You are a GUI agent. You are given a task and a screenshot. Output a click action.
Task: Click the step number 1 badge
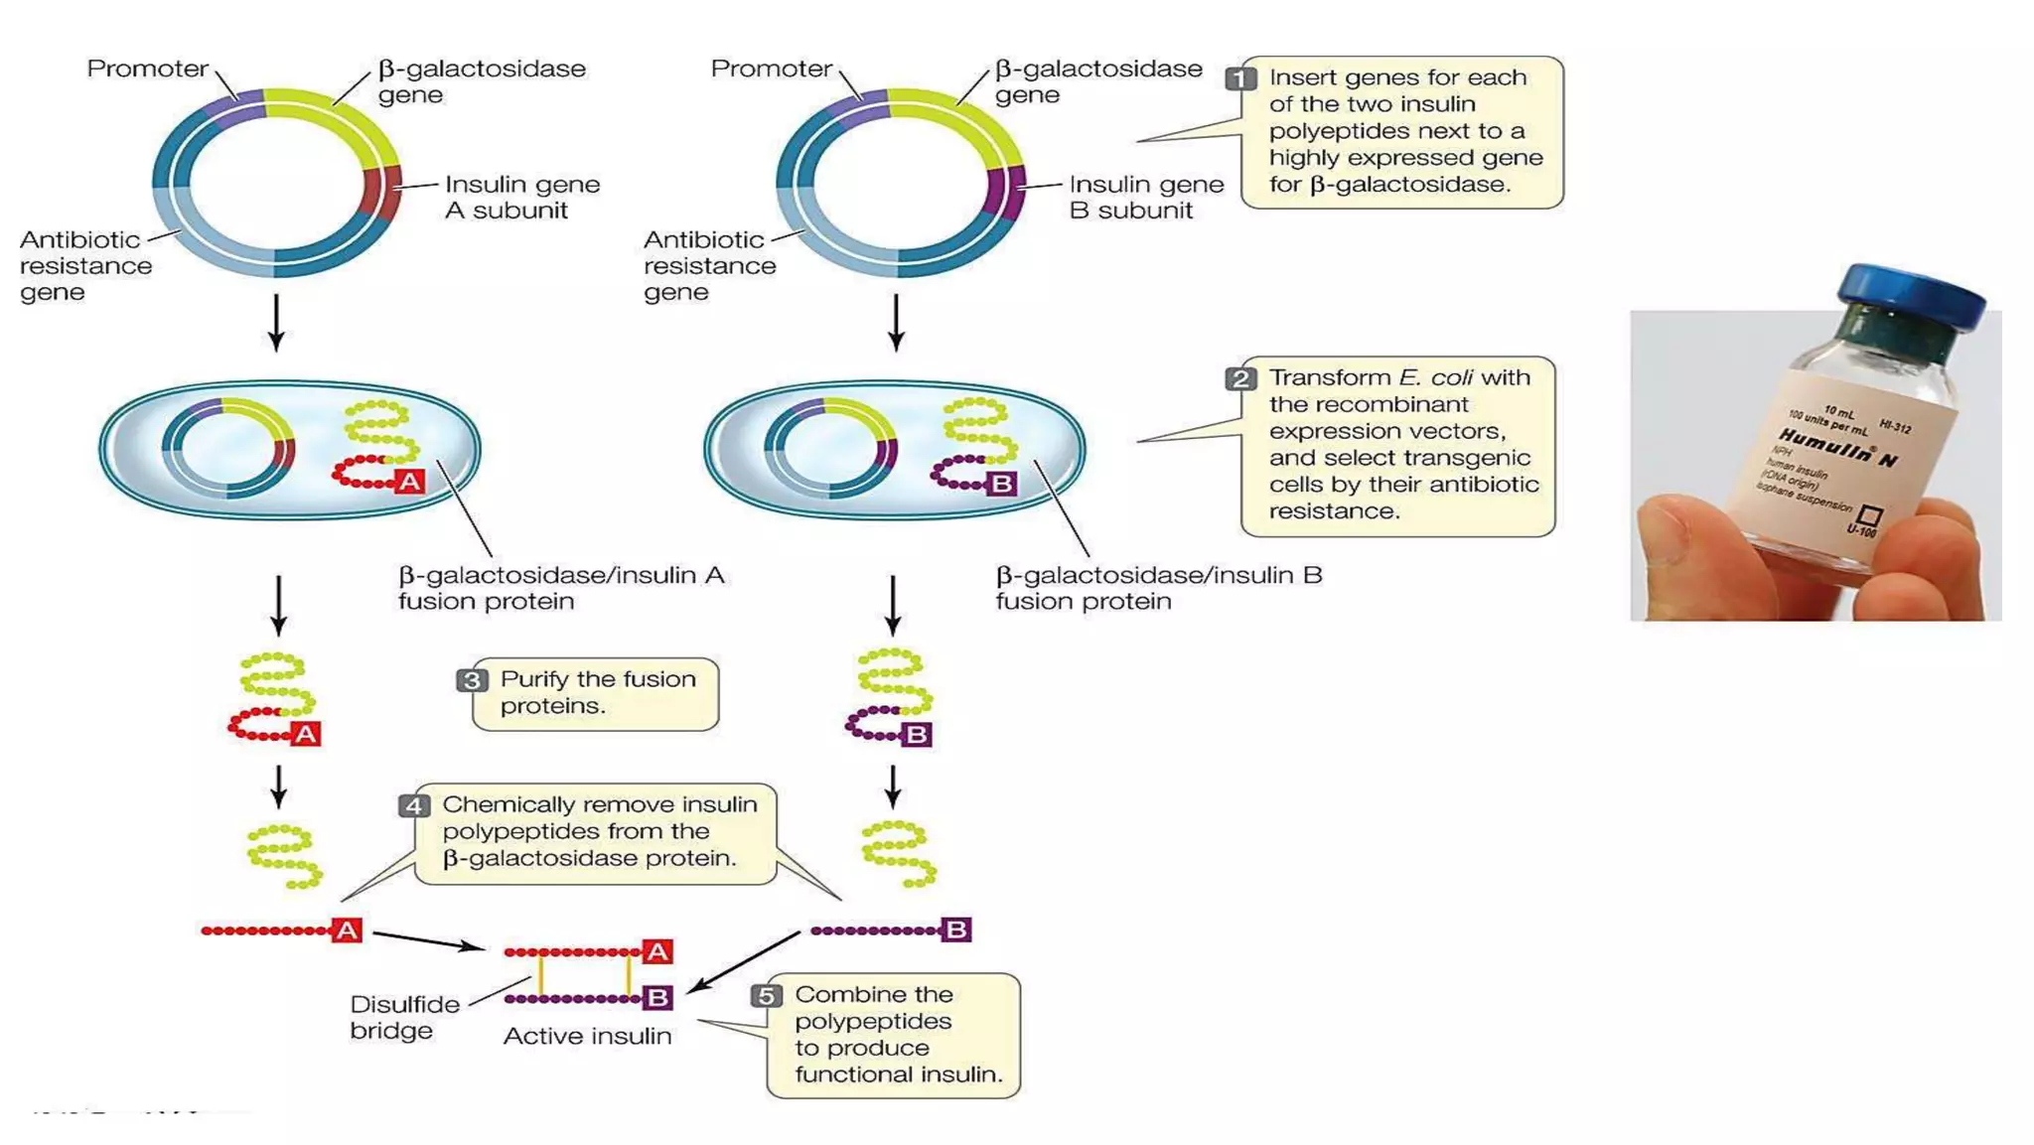point(1240,78)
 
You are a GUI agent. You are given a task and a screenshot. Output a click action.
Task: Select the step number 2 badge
point(1240,378)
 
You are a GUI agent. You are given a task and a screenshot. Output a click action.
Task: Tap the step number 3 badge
point(472,680)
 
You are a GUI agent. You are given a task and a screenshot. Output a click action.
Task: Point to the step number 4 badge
point(414,805)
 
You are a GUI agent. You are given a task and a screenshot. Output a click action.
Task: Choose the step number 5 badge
point(766,995)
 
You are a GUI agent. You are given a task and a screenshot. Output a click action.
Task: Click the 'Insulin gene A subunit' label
point(520,197)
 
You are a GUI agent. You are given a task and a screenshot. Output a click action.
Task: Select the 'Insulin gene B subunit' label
point(1145,197)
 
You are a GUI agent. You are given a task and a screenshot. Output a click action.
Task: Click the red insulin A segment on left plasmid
point(381,193)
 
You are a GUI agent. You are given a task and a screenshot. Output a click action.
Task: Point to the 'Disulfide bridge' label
point(403,1017)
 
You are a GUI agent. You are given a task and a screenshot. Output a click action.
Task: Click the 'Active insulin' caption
point(587,1036)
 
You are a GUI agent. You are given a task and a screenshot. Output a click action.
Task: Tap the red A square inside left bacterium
point(409,482)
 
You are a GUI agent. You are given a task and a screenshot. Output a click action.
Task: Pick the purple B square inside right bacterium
point(1002,484)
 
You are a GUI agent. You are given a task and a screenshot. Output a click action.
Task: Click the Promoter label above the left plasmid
point(147,69)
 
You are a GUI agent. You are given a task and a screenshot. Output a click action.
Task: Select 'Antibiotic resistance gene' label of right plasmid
point(708,265)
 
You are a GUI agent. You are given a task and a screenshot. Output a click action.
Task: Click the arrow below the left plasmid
point(276,322)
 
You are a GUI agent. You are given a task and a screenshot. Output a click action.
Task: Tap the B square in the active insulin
point(656,997)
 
